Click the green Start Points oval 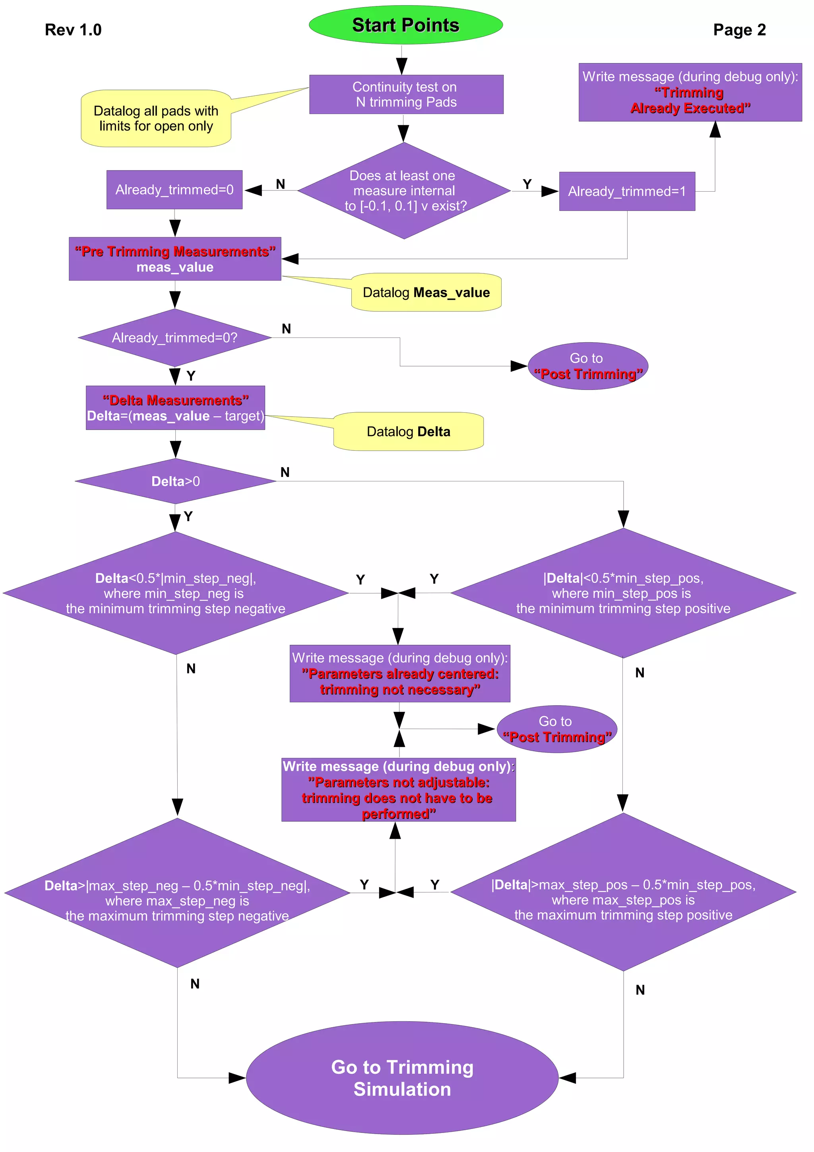pos(405,25)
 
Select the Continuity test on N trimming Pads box pos(406,94)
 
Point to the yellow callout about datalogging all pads pos(156,118)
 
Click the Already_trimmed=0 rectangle pos(174,190)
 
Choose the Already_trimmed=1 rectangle pos(626,192)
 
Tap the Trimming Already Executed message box pos(690,92)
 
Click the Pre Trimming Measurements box pos(174,259)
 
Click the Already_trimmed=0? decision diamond pos(174,337)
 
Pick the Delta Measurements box pos(175,408)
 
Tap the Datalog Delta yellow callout pos(408,431)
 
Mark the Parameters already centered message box pos(400,673)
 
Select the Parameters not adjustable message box pos(398,789)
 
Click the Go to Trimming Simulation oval pos(402,1077)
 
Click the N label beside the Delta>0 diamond pos(285,472)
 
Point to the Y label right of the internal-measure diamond pos(527,184)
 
